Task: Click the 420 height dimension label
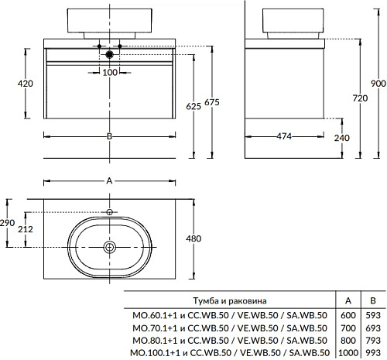26,84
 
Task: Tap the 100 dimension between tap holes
110,73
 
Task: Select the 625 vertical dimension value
193,106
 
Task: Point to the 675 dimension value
212,102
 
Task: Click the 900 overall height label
378,84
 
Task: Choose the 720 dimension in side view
360,98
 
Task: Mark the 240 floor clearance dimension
342,138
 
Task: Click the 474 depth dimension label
284,136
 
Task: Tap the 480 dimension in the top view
193,238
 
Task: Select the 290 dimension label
7,223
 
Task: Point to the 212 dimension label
26,229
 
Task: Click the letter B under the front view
109,136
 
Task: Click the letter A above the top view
109,181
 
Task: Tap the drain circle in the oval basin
110,247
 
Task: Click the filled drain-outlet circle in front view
110,54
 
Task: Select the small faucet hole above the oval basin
110,212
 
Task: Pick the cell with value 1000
348,352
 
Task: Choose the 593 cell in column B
373,315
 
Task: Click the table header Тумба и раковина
230,300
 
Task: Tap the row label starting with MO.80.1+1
230,341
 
